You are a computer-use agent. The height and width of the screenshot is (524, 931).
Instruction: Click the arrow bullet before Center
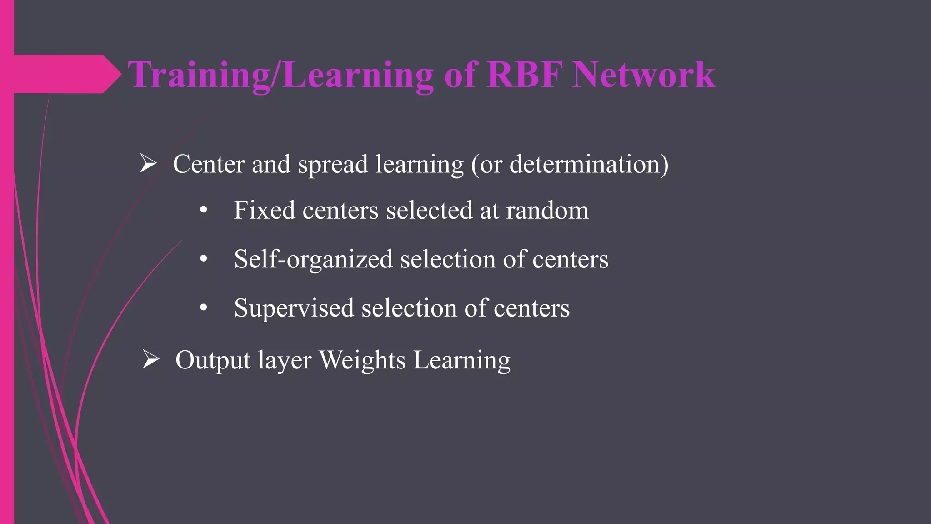click(148, 163)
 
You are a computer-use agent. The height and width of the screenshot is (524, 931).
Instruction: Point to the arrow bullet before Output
click(150, 359)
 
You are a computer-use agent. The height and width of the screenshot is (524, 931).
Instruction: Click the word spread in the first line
click(333, 165)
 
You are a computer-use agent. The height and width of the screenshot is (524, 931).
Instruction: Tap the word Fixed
click(264, 210)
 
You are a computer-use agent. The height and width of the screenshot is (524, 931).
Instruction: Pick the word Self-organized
click(313, 259)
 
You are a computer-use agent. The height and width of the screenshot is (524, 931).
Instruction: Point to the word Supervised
click(294, 308)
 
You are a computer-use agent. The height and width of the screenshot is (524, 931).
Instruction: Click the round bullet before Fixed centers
click(204, 211)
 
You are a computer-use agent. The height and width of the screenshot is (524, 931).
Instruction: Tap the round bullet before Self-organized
click(204, 259)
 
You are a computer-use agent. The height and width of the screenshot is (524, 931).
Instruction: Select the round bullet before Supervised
click(204, 308)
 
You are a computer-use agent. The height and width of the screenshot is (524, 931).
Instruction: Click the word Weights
click(362, 360)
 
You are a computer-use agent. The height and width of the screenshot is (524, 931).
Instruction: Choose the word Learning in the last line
click(462, 361)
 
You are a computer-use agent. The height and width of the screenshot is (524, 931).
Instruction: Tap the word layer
click(285, 361)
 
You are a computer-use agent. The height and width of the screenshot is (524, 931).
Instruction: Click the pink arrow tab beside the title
click(64, 74)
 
